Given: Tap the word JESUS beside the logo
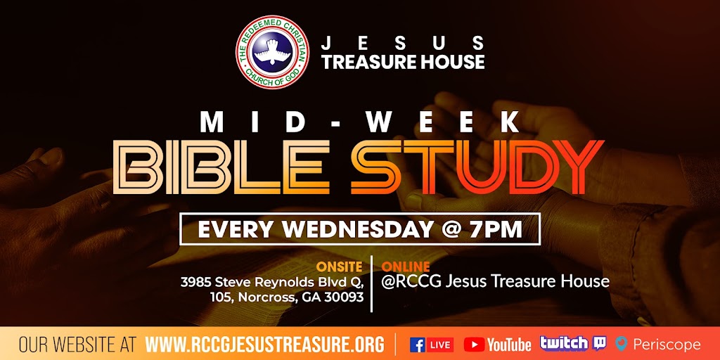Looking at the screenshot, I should click(403, 41).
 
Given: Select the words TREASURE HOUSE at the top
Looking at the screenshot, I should click(403, 62).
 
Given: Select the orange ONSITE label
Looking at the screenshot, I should click(340, 267).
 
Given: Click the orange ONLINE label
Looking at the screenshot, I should click(406, 267).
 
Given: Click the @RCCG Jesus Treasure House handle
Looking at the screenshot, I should click(495, 281).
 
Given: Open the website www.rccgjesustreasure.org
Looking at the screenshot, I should click(265, 345).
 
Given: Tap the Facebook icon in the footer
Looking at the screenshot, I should click(418, 345).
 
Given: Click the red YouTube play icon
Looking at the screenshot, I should click(475, 345).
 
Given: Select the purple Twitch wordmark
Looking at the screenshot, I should click(563, 343).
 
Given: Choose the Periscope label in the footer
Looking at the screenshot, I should click(666, 345).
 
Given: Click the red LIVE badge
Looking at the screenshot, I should click(440, 345).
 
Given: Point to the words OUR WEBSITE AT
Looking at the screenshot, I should click(77, 345).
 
